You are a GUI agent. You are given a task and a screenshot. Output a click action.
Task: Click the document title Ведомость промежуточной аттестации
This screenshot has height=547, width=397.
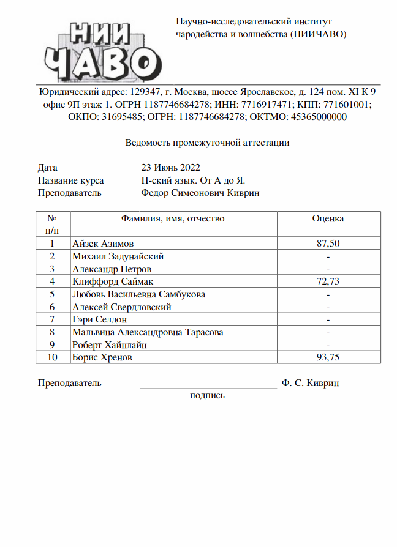[207, 143]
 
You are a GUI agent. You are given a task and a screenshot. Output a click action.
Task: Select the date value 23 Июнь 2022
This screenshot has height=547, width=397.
[170, 168]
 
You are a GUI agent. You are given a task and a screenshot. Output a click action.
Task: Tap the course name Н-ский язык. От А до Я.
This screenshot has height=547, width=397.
[193, 180]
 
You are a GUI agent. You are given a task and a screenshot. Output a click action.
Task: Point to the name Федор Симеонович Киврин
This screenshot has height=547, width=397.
[200, 193]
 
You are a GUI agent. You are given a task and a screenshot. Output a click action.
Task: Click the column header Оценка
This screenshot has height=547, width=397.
[328, 218]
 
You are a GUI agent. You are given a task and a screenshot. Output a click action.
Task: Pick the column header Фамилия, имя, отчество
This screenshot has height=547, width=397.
[173, 218]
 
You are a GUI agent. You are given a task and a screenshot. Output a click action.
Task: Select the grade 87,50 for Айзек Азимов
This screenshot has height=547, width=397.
[328, 244]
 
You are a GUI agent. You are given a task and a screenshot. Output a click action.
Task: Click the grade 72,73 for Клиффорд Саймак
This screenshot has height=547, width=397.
[328, 281]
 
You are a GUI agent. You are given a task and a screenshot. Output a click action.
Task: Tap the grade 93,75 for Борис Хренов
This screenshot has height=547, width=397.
[328, 357]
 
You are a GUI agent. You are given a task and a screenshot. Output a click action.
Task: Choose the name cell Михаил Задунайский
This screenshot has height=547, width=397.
[118, 256]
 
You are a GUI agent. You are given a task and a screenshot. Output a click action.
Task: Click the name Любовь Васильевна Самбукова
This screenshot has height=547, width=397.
[138, 294]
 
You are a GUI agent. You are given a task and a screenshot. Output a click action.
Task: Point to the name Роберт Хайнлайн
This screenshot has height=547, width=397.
[110, 345]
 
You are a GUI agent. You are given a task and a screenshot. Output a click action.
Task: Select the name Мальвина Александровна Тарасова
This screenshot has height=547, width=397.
[148, 332]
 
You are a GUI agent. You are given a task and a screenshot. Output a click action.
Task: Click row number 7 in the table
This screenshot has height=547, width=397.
[53, 319]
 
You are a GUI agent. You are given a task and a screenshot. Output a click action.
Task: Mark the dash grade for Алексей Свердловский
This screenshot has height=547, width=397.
[328, 307]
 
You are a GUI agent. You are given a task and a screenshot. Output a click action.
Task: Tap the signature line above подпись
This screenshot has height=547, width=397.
[208, 387]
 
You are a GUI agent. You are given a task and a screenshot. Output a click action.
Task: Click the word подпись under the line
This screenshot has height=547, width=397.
[208, 396]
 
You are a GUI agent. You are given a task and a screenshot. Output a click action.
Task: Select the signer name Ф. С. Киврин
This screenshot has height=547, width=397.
[311, 384]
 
